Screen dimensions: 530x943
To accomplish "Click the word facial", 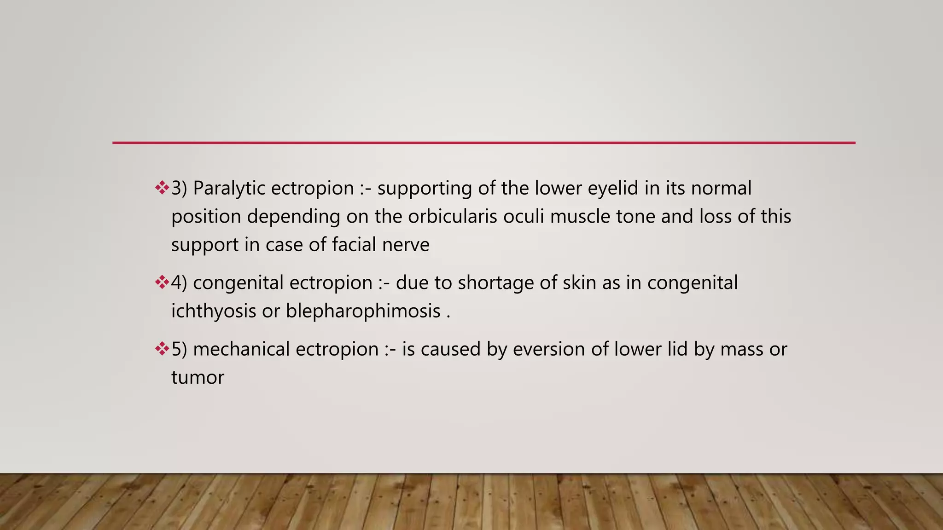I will [354, 245].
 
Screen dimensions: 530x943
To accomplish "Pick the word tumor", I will [198, 378].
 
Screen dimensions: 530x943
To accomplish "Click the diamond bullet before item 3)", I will [162, 188].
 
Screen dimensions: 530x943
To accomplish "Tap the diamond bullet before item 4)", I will [162, 282].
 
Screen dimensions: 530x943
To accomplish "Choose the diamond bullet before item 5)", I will [162, 349].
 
